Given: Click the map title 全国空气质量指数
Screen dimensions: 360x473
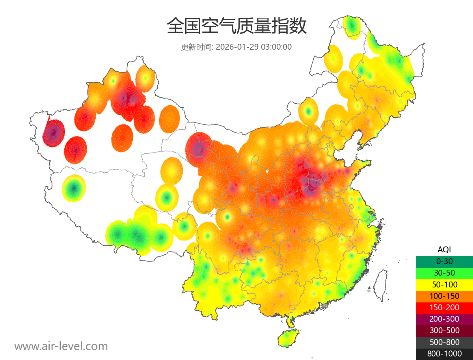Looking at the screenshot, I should (236, 26).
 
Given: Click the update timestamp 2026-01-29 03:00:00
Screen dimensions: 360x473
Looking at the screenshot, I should (254, 47).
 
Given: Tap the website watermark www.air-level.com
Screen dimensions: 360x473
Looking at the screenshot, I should (61, 346).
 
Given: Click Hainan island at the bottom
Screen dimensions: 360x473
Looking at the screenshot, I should (288, 338).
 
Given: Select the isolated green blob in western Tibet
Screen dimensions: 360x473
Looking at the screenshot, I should (74, 188).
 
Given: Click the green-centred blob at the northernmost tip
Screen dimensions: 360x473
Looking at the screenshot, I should (352, 27).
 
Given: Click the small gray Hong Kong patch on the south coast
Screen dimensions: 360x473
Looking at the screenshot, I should (324, 306).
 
